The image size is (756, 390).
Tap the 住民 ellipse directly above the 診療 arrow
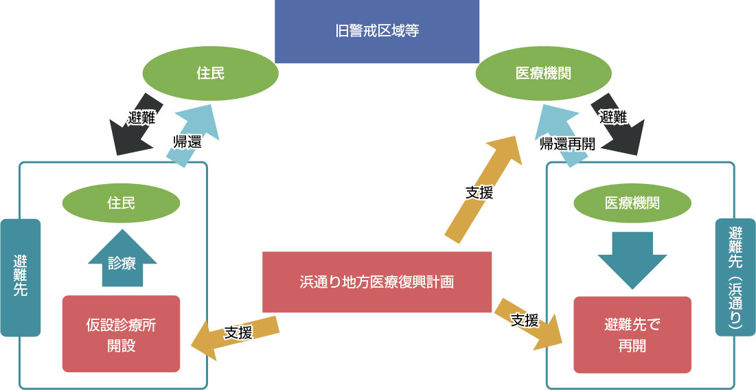click(x=121, y=203)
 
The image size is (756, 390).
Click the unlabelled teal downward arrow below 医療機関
click(x=632, y=260)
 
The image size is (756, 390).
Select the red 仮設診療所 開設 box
click(x=121, y=334)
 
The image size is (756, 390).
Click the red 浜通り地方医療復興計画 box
click(x=377, y=282)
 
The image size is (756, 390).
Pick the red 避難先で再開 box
click(x=632, y=334)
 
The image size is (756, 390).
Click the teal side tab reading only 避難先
click(x=21, y=277)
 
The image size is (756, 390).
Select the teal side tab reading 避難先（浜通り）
click(x=735, y=277)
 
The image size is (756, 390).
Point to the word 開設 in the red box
click(x=121, y=345)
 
